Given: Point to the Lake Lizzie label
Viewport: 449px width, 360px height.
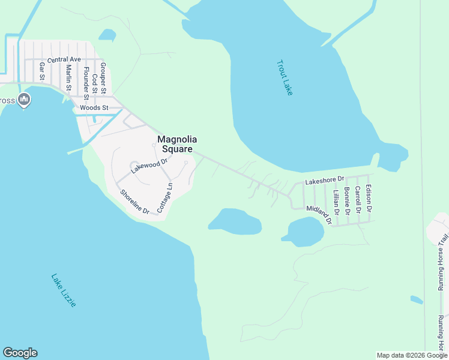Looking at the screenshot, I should click(64, 290).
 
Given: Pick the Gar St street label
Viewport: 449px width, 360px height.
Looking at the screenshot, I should click(42, 71).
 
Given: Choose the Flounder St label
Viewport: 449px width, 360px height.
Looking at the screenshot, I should click(86, 83).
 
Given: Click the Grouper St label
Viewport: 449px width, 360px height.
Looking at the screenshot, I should click(103, 79).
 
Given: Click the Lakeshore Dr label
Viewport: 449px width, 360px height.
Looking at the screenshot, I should click(325, 179).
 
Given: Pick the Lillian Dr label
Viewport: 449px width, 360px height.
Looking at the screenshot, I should click(336, 202).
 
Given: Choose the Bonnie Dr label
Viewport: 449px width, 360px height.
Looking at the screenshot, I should click(347, 200).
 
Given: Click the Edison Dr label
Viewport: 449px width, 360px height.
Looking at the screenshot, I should click(369, 199).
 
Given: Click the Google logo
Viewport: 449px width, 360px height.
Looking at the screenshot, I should click(20, 353).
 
